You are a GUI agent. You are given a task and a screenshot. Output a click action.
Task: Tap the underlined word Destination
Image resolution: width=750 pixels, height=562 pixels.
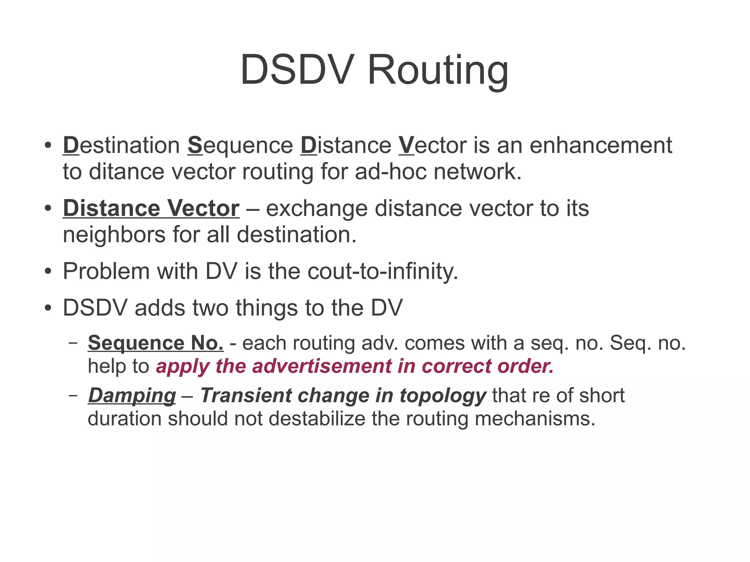pos(121,145)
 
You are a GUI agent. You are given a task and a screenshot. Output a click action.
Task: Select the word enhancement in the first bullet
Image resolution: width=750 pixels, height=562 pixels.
pos(601,145)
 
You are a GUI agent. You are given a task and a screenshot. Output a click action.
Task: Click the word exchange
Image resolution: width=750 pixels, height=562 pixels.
pos(316,208)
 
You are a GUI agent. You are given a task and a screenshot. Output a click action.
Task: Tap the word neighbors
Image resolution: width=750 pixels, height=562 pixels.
pos(114,235)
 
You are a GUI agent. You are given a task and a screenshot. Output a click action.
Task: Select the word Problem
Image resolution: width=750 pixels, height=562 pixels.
pos(106,272)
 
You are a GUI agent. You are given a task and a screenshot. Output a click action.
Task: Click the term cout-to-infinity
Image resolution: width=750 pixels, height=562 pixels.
pos(382,272)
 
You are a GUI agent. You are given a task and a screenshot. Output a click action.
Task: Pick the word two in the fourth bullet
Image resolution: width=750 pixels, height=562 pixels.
pos(210,308)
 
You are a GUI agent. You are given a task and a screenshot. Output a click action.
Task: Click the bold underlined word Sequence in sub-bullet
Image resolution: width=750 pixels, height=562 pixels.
pos(136,343)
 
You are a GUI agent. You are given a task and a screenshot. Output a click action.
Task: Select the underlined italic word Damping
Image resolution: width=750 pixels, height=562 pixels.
pos(132,396)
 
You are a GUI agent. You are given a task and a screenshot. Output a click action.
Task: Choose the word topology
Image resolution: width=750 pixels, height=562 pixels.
pos(443,396)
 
